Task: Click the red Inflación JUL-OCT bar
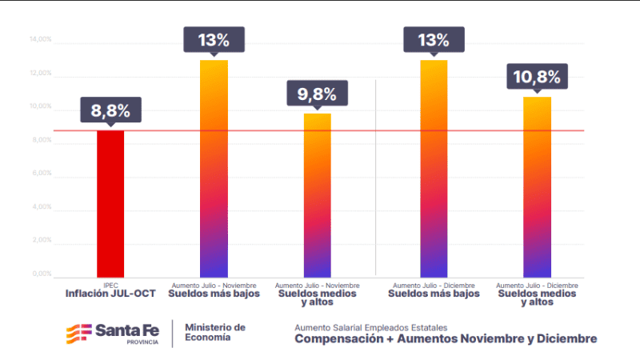tap(110, 204)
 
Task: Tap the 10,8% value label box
tap(537, 78)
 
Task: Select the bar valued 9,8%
tap(317, 196)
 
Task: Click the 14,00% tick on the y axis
tap(40, 39)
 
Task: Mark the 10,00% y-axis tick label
tap(40, 106)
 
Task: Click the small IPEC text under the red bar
tap(110, 285)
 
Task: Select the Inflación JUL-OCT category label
tap(110, 294)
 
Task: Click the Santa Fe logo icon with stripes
tap(77, 334)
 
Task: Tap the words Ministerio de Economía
tap(214, 332)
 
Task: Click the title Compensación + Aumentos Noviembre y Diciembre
tap(446, 339)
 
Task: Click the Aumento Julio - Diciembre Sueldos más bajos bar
tap(434, 168)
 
